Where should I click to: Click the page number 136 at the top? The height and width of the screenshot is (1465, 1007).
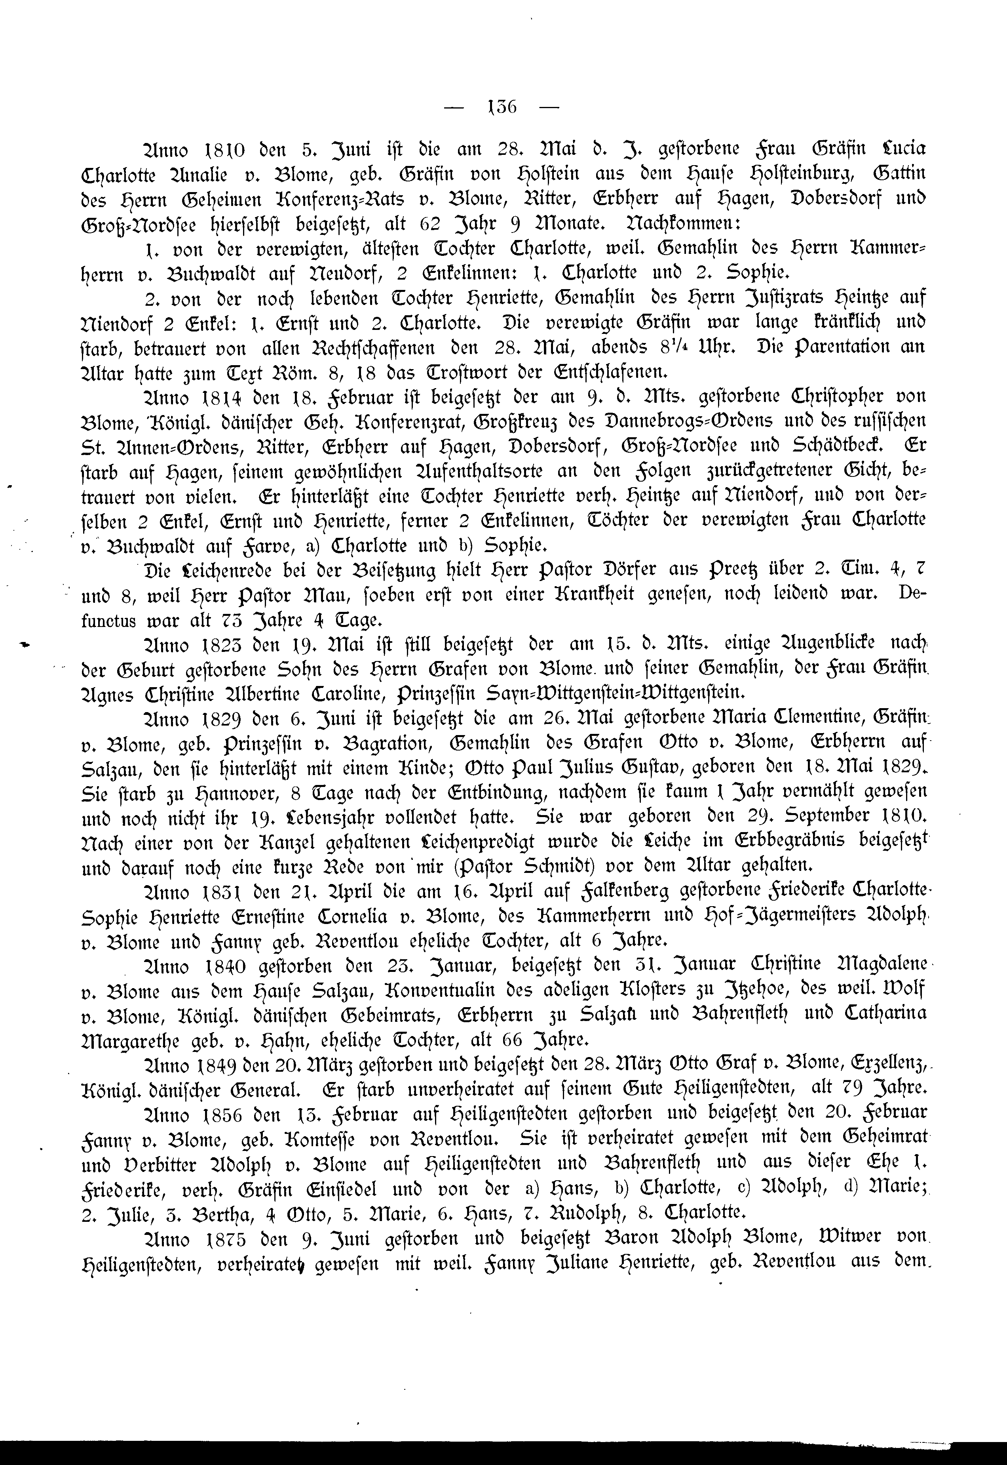click(x=502, y=107)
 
